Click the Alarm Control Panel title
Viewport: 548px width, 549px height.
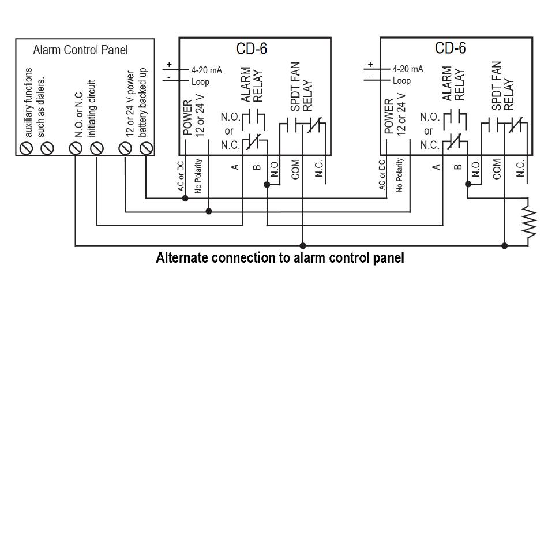click(80, 50)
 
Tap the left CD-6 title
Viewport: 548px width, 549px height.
click(252, 48)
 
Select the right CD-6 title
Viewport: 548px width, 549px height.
click(450, 47)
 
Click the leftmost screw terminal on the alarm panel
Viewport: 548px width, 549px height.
click(26, 148)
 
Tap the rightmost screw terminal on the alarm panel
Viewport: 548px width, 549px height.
click(147, 148)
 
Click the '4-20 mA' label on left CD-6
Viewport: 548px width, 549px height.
click(207, 70)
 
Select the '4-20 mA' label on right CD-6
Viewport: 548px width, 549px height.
click(408, 69)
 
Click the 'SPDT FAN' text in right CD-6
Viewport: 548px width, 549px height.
click(497, 86)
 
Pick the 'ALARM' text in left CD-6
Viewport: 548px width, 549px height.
click(246, 84)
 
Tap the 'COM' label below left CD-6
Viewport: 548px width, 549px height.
click(296, 170)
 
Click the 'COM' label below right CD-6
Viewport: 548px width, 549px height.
click(497, 169)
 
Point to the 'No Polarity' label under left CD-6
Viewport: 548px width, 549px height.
click(198, 176)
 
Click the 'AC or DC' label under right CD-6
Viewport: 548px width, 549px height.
click(382, 175)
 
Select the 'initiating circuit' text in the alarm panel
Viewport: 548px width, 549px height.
click(92, 108)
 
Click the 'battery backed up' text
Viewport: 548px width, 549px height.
click(143, 103)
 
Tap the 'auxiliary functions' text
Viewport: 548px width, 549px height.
click(29, 103)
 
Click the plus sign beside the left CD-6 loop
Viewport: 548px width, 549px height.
click(170, 65)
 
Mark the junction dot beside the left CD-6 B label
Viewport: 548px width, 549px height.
click(267, 185)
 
